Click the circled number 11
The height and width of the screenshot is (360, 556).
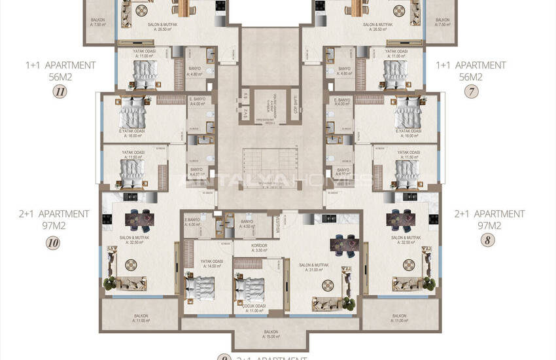pos(60,92)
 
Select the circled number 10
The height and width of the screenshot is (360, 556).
pos(54,243)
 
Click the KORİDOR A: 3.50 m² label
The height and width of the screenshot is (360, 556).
pos(241,248)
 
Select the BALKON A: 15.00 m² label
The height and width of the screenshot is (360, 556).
pos(271,334)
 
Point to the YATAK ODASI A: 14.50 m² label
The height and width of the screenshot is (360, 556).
pos(213,263)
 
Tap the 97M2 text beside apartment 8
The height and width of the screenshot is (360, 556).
pos(489,225)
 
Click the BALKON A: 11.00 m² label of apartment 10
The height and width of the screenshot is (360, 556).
pos(141,318)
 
